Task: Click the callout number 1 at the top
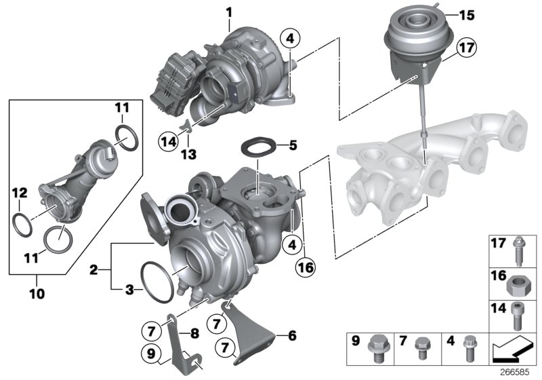[x=228, y=12]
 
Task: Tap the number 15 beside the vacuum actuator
[x=468, y=14]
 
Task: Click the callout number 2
[x=94, y=269]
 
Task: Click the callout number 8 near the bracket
[x=193, y=332]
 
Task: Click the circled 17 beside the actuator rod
[x=466, y=49]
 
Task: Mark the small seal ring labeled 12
[x=22, y=223]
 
